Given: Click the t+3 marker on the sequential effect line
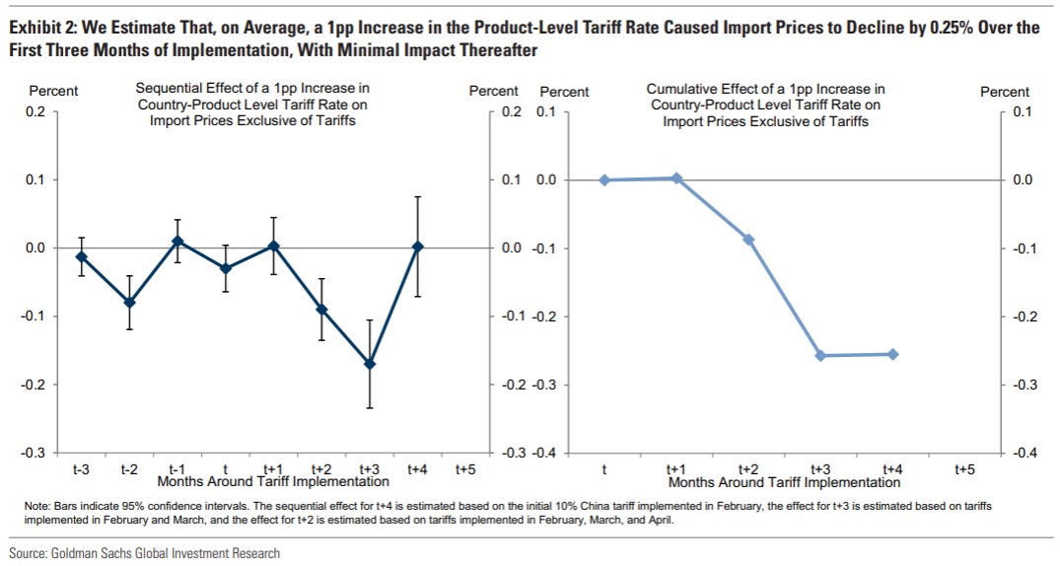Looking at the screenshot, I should tap(370, 364).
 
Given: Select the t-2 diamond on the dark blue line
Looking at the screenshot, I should tap(129, 302).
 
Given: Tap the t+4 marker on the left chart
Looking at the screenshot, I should tap(417, 247).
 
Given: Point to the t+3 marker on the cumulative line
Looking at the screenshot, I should tap(820, 355).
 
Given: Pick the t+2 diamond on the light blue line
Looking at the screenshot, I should tap(748, 240).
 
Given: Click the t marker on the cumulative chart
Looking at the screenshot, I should tap(604, 180).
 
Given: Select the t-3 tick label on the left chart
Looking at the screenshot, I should tap(81, 469).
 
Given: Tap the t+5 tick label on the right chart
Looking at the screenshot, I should tap(965, 469).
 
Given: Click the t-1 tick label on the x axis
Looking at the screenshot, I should tap(177, 469).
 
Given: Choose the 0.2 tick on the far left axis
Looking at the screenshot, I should tap(35, 111).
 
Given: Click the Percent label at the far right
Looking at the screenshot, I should tap(1005, 92).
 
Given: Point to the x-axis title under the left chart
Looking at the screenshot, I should tap(273, 482).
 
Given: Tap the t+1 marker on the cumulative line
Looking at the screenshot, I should tap(676, 178).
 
